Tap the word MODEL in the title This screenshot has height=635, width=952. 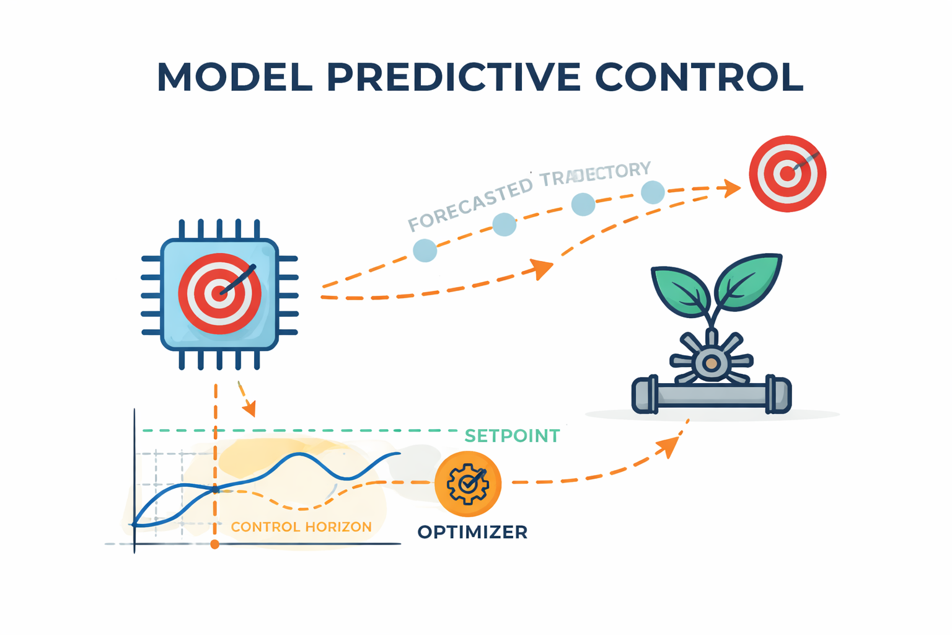coord(235,78)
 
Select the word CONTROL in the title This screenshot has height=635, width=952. coord(699,78)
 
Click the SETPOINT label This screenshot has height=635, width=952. coord(512,436)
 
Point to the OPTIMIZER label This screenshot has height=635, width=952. coord(472,532)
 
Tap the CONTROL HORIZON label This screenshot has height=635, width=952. coord(301,527)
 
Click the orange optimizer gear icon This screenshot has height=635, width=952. coord(468,484)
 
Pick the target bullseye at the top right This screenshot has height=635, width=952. coord(787,174)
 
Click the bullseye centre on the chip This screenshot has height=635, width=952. coord(219,293)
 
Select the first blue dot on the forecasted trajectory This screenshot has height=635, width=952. coord(425,251)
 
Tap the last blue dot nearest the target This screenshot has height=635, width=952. coord(653,192)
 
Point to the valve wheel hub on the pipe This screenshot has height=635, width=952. coord(711,363)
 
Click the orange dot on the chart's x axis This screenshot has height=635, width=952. coord(214,544)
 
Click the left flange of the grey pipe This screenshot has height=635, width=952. coord(645,394)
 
